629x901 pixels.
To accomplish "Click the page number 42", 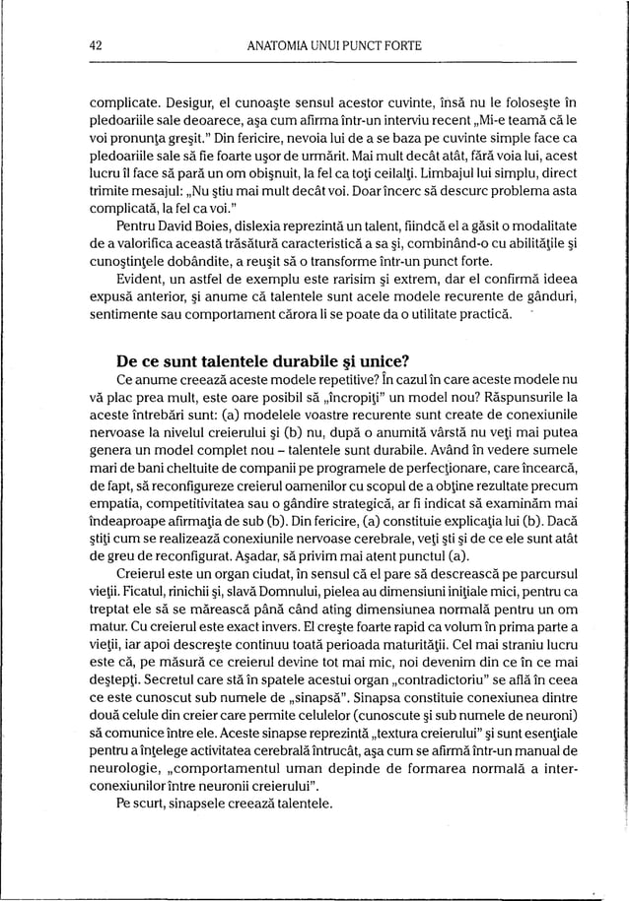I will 98,44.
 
